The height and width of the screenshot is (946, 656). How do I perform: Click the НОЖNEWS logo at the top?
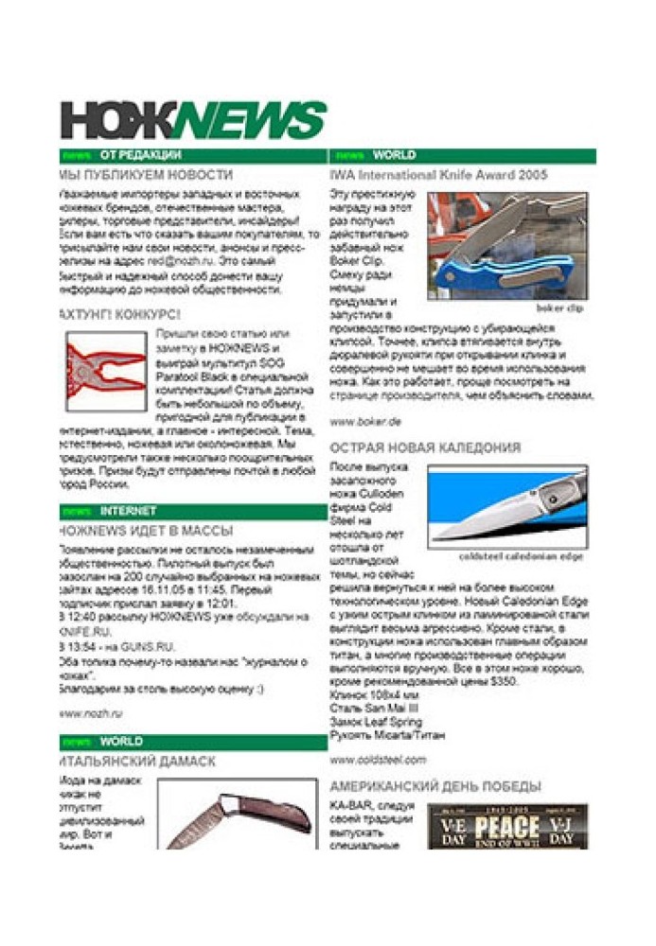coord(193,120)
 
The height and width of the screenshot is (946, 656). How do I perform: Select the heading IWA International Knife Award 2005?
coord(438,175)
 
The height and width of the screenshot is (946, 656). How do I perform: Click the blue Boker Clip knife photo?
coord(505,245)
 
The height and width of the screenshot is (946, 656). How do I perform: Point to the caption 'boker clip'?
coord(559,308)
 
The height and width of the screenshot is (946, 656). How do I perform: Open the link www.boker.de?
coord(365,421)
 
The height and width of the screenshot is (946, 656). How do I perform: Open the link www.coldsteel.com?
coord(378,759)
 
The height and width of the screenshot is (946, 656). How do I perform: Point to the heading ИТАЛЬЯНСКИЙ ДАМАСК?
coord(136,761)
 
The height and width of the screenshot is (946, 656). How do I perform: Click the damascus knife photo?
coord(237,814)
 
